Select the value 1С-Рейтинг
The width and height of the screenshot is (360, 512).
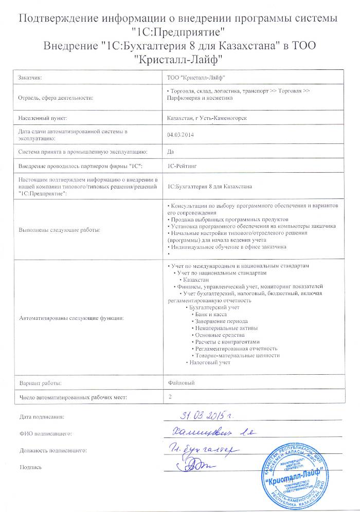(x=182, y=167)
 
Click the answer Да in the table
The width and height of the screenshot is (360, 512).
(x=171, y=151)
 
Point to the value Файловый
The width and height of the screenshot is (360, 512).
(x=182, y=383)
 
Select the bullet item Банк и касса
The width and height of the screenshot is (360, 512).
(x=210, y=314)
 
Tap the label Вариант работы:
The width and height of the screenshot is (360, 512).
(x=40, y=383)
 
